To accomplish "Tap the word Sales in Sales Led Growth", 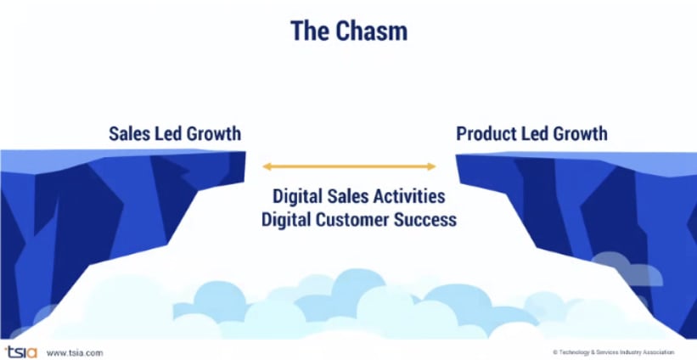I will pos(128,134).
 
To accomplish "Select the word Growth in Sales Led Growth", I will pos(211,134).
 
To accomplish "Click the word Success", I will pos(428,219).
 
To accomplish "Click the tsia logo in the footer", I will pos(20,351).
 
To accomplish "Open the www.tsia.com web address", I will pos(75,352).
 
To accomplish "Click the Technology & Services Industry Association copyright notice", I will pos(613,352).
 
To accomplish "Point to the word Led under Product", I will pos(534,134).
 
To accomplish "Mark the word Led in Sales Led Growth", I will pos(166,134).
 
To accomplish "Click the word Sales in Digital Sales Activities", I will pos(346,196).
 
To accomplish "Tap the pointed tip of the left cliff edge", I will pos(245,154).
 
